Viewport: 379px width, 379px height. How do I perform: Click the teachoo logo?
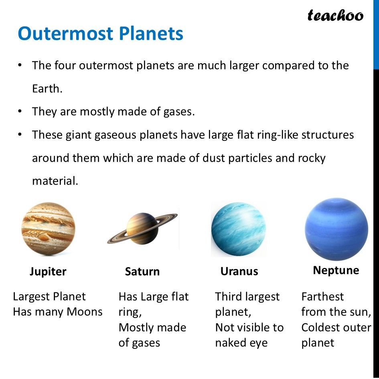coord(335,16)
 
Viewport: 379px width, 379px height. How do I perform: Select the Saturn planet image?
coord(142,228)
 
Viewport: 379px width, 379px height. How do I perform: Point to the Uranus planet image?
coord(238,229)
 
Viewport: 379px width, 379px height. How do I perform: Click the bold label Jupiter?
coord(48,272)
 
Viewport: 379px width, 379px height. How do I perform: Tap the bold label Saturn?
coord(142,272)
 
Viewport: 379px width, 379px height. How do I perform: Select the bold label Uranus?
coord(239,272)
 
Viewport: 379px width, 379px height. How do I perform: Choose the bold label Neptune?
coord(336,270)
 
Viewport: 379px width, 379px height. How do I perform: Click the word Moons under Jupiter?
coord(85,312)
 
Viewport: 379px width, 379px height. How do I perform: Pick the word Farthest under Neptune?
coord(322,297)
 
